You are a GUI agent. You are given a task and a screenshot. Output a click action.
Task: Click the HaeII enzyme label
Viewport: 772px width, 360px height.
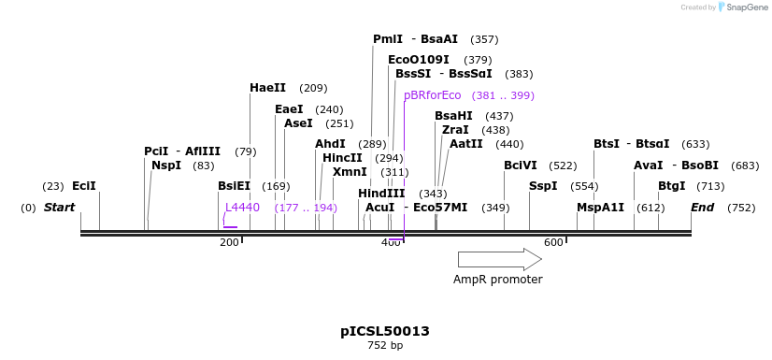point(267,88)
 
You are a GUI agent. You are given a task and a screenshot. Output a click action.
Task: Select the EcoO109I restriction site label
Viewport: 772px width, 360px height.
point(418,60)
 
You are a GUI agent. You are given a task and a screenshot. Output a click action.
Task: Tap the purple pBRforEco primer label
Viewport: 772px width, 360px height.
point(432,95)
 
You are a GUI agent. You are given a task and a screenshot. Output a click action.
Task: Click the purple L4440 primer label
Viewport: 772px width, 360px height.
point(242,208)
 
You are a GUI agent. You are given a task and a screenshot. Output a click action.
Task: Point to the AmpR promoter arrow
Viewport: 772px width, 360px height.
point(499,259)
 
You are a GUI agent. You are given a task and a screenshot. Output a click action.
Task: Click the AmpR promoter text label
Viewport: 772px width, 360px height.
point(497,280)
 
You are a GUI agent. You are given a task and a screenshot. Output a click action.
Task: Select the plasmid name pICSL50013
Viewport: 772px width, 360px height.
point(385,331)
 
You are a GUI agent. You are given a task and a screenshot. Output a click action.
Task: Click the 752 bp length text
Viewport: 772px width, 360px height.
point(385,346)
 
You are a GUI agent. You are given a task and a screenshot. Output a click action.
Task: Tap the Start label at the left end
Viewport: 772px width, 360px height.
point(59,208)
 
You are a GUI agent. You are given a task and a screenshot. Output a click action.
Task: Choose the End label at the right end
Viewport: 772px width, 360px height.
point(702,208)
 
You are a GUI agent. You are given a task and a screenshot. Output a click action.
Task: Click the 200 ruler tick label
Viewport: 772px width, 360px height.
point(229,243)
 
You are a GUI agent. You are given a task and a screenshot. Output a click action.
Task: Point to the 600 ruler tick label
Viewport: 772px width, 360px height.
point(553,243)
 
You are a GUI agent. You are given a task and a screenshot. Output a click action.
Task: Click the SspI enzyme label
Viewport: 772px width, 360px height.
point(543,186)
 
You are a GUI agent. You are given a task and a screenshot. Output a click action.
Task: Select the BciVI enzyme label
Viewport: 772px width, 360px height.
point(521,166)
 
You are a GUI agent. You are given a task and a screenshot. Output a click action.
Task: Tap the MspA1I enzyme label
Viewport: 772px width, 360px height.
point(600,208)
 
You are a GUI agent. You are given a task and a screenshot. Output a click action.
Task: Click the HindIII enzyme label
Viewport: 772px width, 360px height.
point(381,194)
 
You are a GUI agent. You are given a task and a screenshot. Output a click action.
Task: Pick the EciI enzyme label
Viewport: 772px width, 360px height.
point(84,186)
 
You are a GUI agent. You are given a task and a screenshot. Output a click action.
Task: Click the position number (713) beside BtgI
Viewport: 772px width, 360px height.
point(710,186)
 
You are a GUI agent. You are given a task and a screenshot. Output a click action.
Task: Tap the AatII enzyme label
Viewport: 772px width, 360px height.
point(466,144)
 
